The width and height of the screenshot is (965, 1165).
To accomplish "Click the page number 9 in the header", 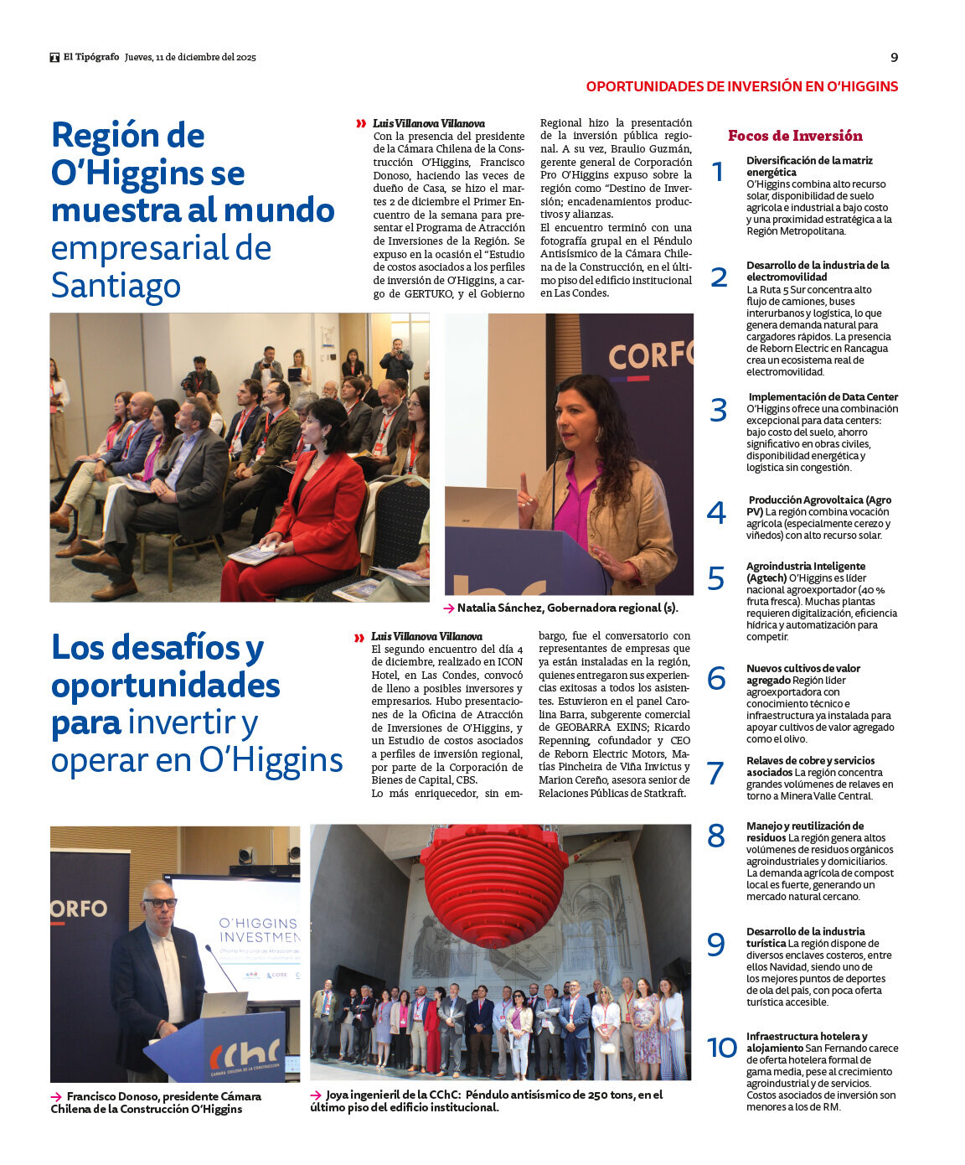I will (894, 57).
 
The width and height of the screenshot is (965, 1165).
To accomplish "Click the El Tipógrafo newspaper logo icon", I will (54, 58).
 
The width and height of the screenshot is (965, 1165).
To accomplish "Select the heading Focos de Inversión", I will (795, 136).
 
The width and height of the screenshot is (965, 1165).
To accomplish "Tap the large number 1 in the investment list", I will (717, 172).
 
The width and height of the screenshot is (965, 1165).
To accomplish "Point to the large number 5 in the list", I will (716, 578).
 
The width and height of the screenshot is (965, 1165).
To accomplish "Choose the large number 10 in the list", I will (722, 1048).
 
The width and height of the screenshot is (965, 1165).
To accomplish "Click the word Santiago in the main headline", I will (116, 286).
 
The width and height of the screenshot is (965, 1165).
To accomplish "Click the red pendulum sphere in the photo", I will (494, 882).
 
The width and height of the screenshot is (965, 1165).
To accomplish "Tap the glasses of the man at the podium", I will (159, 903).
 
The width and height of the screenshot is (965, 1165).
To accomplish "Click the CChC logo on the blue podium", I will (245, 1054).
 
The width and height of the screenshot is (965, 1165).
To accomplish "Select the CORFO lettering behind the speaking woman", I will (650, 355).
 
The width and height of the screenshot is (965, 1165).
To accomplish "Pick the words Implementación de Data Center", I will (823, 397).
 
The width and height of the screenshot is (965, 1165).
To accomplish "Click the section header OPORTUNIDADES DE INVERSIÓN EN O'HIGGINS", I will (741, 86).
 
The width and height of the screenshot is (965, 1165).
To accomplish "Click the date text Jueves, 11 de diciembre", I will (181, 58).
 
